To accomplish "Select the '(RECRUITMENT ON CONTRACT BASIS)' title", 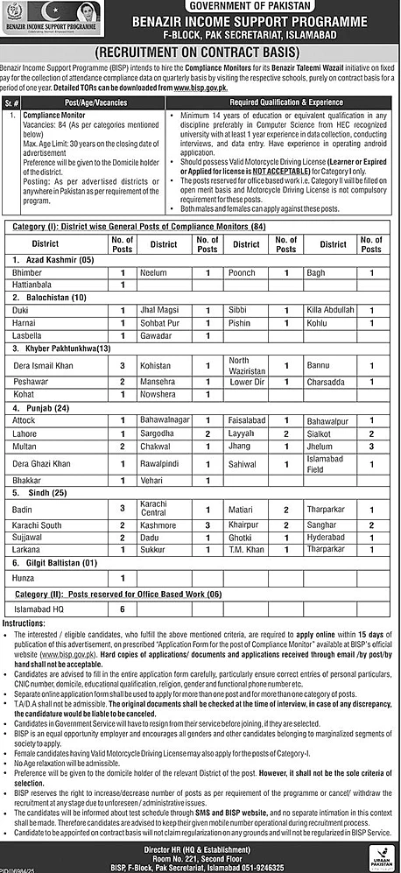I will (x=200, y=53).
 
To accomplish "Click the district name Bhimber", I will (x=30, y=273).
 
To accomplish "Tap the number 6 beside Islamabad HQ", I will (x=123, y=609).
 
